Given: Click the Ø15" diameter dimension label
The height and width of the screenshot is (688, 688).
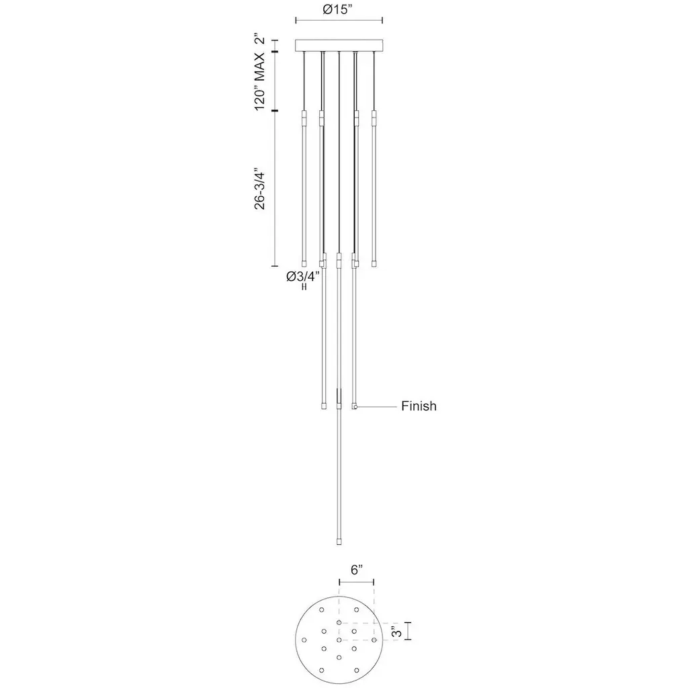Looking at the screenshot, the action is click(338, 9).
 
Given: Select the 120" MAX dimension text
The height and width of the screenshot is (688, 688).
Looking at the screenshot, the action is click(260, 81).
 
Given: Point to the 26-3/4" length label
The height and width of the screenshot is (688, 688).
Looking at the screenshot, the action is click(260, 188).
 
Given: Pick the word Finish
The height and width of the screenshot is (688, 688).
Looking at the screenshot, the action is click(419, 406).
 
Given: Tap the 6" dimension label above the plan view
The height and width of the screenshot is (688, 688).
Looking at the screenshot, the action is click(357, 570).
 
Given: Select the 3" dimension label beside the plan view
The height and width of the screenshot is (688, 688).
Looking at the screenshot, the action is click(396, 632).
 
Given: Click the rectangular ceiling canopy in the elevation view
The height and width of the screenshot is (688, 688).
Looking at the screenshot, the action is click(339, 46).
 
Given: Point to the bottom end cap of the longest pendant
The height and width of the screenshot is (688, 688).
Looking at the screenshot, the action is click(339, 542).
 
